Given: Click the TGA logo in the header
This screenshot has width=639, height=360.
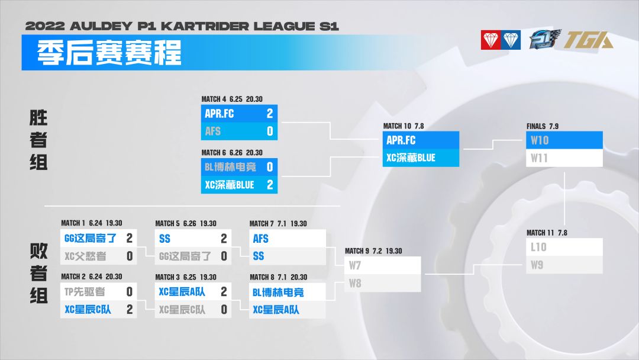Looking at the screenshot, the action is coord(589,40).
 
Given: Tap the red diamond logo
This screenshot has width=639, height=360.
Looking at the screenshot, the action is coord(490,40).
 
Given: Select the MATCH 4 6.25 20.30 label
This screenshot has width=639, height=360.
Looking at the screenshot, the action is coord(232,99).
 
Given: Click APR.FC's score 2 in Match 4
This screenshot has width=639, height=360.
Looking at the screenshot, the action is coord(270,113).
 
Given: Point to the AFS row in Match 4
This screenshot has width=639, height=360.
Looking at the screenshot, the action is coord(239,131).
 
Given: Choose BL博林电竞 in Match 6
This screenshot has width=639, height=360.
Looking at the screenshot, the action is coord(230,167).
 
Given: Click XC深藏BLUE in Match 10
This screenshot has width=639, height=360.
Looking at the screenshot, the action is coord(411,157).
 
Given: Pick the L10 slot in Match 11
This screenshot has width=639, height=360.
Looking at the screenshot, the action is coord(564,247).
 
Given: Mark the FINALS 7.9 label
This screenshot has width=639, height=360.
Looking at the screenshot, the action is coord(543,126).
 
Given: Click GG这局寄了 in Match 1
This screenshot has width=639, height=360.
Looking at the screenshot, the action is coord(91,238).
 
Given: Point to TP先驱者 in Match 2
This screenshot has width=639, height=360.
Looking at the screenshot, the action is coord(85,291).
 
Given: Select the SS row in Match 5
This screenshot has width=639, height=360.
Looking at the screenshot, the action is coord(193,238).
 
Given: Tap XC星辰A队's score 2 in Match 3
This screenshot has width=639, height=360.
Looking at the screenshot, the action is coord(224,291).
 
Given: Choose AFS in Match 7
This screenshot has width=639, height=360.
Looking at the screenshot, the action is coord(260,239).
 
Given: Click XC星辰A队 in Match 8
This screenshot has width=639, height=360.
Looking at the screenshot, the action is coord(276,310).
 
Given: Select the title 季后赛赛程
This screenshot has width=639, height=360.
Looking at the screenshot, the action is coord(109,53).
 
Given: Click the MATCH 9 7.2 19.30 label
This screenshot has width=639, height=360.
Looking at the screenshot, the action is coord(373,251).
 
